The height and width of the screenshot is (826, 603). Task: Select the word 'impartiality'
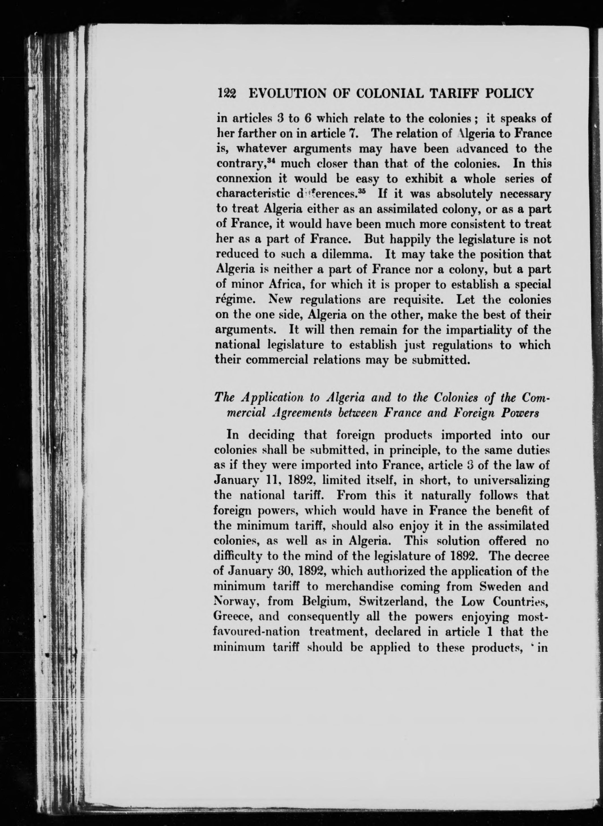coord(500,330)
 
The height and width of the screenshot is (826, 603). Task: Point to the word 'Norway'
coord(235,601)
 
